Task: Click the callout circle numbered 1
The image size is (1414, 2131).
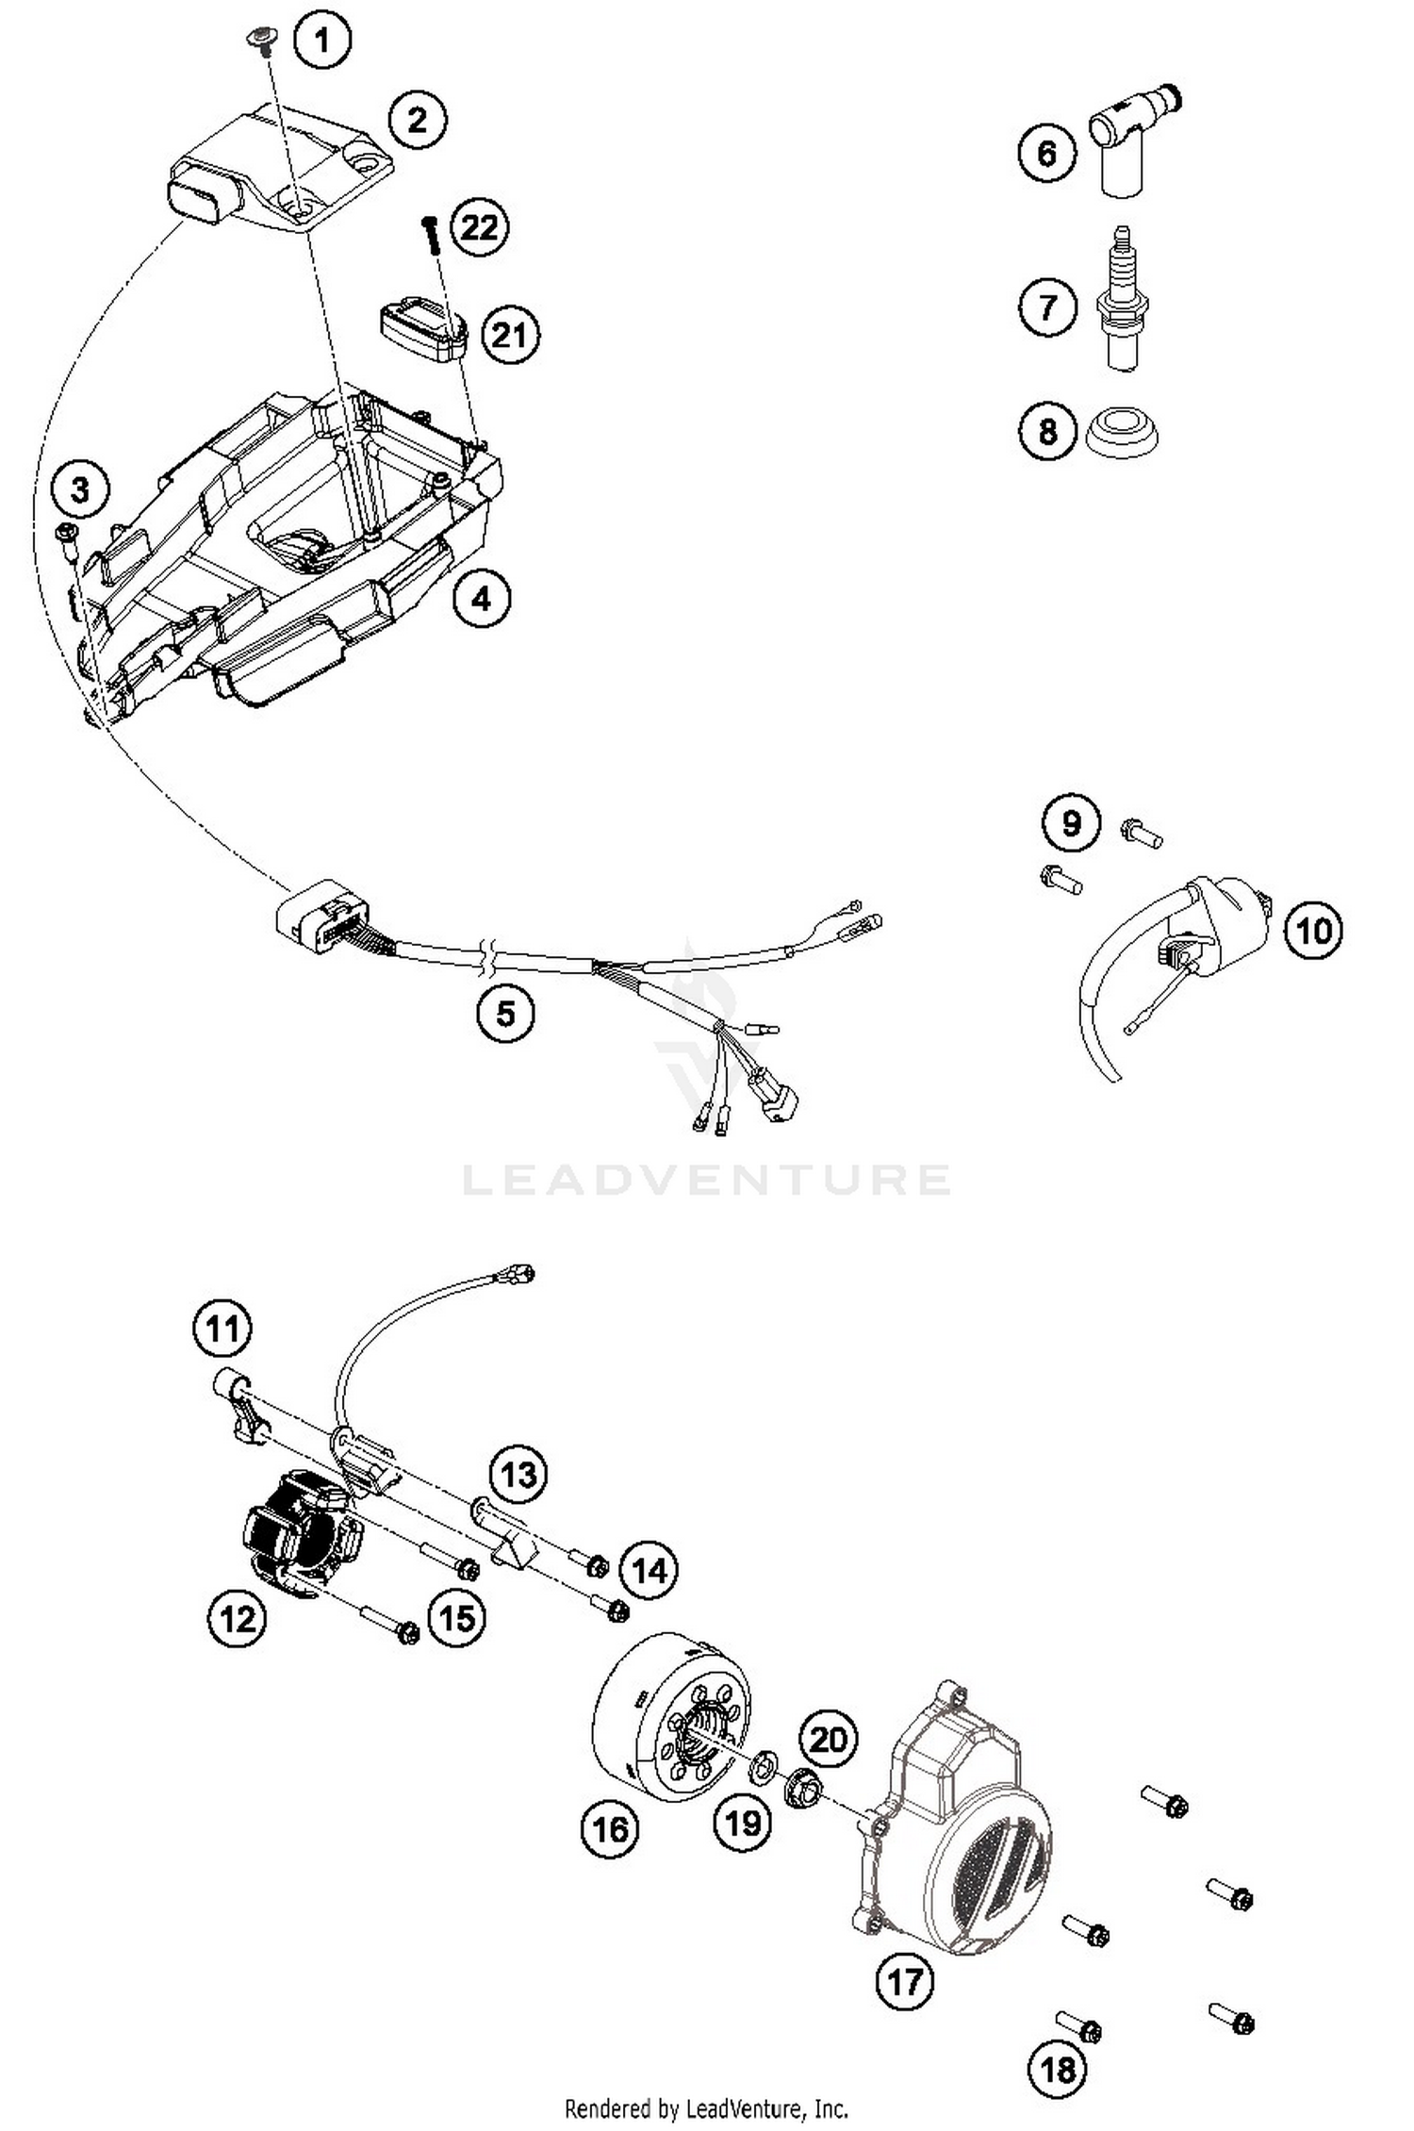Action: pyautogui.click(x=321, y=41)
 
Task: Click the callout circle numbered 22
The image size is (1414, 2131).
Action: pyautogui.click(x=479, y=227)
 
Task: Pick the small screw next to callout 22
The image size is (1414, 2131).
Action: pyautogui.click(x=431, y=234)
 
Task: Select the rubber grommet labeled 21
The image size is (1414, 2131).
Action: pyautogui.click(x=424, y=325)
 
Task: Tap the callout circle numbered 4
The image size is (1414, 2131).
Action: pyautogui.click(x=481, y=598)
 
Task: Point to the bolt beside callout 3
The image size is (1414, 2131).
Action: pyautogui.click(x=67, y=537)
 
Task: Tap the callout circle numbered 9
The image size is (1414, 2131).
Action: pyautogui.click(x=1071, y=823)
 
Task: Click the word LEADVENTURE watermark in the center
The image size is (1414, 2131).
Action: pyautogui.click(x=706, y=1180)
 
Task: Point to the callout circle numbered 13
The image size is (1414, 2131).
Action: pyautogui.click(x=518, y=1474)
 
